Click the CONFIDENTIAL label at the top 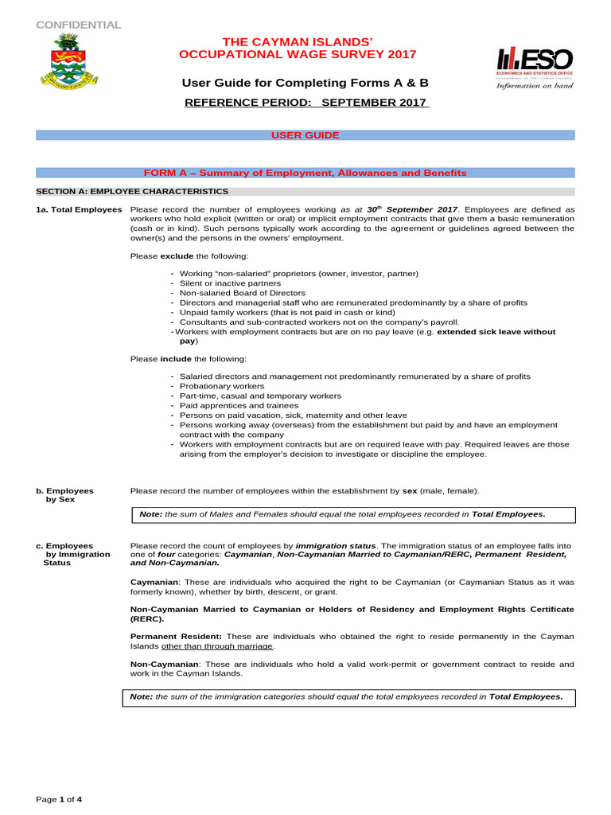tap(79, 25)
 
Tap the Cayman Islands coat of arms tap(62, 62)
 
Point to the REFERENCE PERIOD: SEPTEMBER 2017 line tap(307, 103)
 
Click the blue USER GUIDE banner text tap(305, 135)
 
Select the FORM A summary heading tap(305, 173)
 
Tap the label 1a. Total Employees tap(79, 209)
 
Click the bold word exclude tap(177, 256)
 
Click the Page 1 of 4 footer tap(59, 799)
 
